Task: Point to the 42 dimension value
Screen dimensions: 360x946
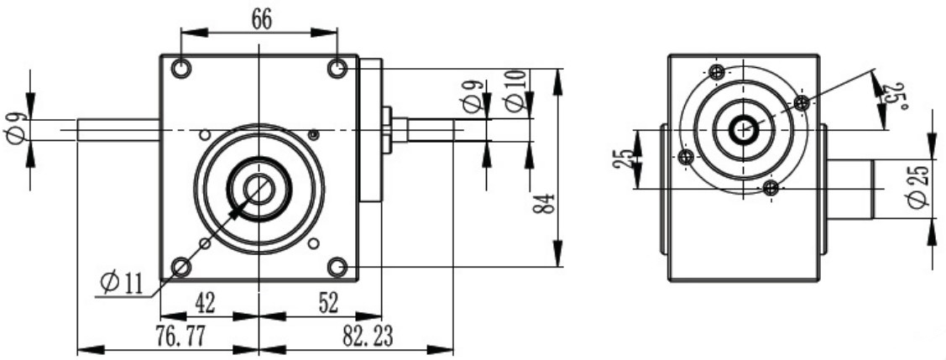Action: (205, 304)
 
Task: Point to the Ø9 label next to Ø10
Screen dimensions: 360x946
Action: (474, 96)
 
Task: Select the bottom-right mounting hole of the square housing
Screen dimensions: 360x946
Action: (337, 267)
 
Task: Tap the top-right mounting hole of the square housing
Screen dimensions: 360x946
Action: (337, 68)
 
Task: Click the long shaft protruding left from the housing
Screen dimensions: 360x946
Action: (118, 129)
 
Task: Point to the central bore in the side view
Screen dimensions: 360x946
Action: (742, 129)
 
